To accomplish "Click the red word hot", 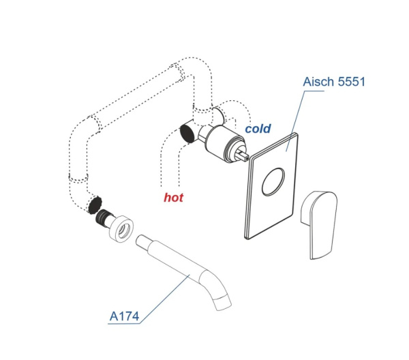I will click(174, 198).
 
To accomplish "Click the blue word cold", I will click(258, 128).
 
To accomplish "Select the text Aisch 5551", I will click(335, 82).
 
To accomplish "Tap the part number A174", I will click(124, 316).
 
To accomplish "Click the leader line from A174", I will click(164, 294).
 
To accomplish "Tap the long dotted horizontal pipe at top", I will click(136, 95).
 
